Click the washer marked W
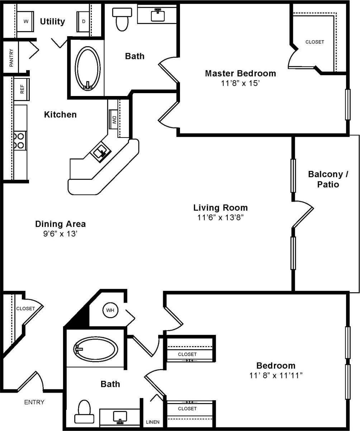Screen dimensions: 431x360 click(x=25, y=21)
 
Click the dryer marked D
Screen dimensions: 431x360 click(x=84, y=21)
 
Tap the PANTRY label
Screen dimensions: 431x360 click(x=11, y=58)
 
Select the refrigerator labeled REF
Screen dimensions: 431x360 click(x=22, y=89)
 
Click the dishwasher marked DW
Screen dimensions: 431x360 click(x=114, y=119)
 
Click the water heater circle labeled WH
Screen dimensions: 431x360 click(x=110, y=310)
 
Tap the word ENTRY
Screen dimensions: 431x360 click(x=34, y=402)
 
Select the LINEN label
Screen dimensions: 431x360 click(x=153, y=422)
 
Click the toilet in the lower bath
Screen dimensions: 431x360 click(x=84, y=412)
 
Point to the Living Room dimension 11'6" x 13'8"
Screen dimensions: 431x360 click(x=221, y=217)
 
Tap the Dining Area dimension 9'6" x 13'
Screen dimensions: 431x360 click(x=60, y=234)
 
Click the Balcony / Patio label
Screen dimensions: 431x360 click(x=323, y=179)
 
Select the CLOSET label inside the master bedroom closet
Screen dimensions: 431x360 click(x=314, y=42)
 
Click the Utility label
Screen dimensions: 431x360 click(x=52, y=21)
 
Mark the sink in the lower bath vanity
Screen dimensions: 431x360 click(x=120, y=416)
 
